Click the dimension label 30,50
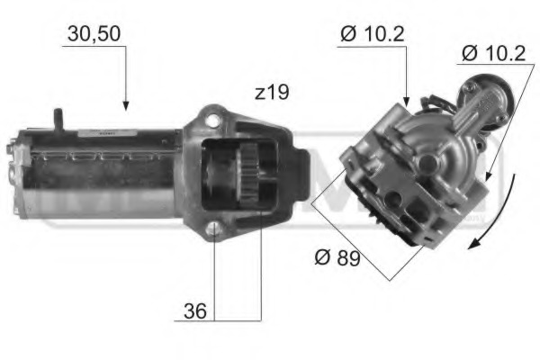(94, 34)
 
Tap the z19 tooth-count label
(271, 93)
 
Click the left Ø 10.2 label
(373, 34)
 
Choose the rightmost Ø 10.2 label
(494, 53)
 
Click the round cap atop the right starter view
(471, 90)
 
